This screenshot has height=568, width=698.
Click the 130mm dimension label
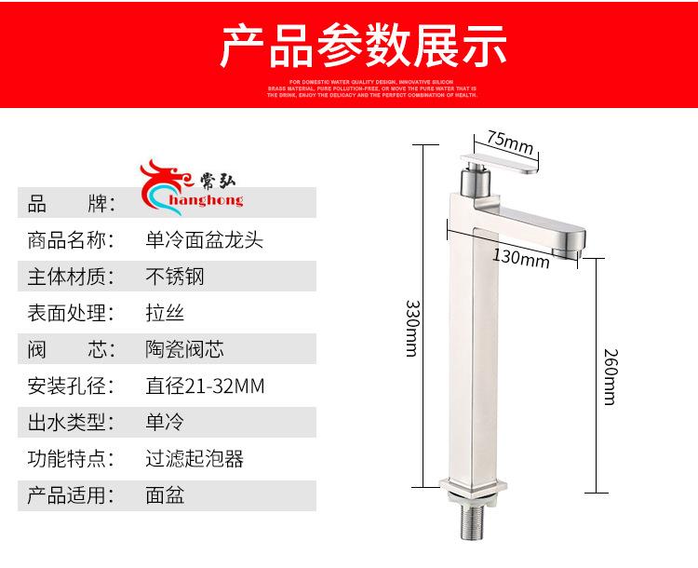click(x=520, y=258)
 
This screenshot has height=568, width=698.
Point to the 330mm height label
click(x=409, y=331)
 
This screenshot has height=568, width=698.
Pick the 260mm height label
click(x=609, y=377)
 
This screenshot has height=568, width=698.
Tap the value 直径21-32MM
click(x=204, y=385)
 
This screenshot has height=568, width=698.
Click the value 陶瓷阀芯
click(x=185, y=349)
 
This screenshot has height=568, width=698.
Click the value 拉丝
click(x=157, y=313)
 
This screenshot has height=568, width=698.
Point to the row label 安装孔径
click(x=71, y=385)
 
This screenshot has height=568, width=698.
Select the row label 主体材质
click(x=71, y=277)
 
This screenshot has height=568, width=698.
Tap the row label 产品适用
click(x=71, y=494)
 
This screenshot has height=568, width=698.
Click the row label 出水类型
click(x=71, y=422)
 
